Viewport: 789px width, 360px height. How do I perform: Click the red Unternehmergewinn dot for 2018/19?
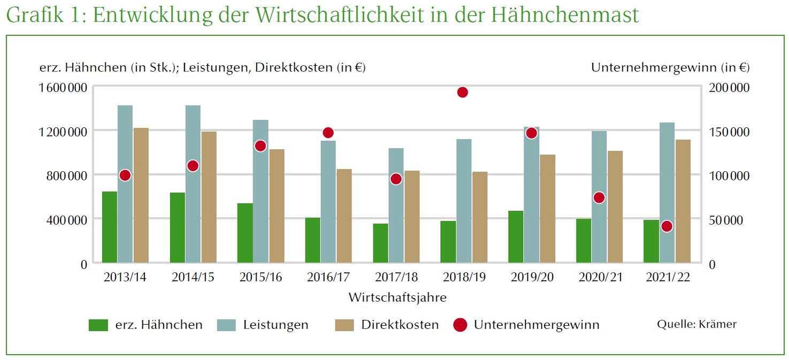coord(463,93)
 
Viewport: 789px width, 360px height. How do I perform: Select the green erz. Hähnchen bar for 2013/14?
coord(110,227)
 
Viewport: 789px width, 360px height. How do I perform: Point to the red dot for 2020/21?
coord(599,198)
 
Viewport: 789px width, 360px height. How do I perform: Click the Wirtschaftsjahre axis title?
coord(397,297)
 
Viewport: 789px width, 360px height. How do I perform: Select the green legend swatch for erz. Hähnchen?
coord(98,325)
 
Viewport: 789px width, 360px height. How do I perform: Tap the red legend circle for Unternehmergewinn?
coord(460,325)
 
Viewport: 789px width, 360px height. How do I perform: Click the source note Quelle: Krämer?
coord(696,324)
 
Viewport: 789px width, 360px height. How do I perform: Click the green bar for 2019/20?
coord(516,236)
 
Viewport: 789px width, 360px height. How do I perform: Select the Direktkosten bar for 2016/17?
coord(344,216)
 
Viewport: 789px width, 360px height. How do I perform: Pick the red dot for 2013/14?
coord(125,175)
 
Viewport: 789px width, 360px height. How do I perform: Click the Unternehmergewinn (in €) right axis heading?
coord(670,67)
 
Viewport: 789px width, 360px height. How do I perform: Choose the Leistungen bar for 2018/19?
coord(464,201)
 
